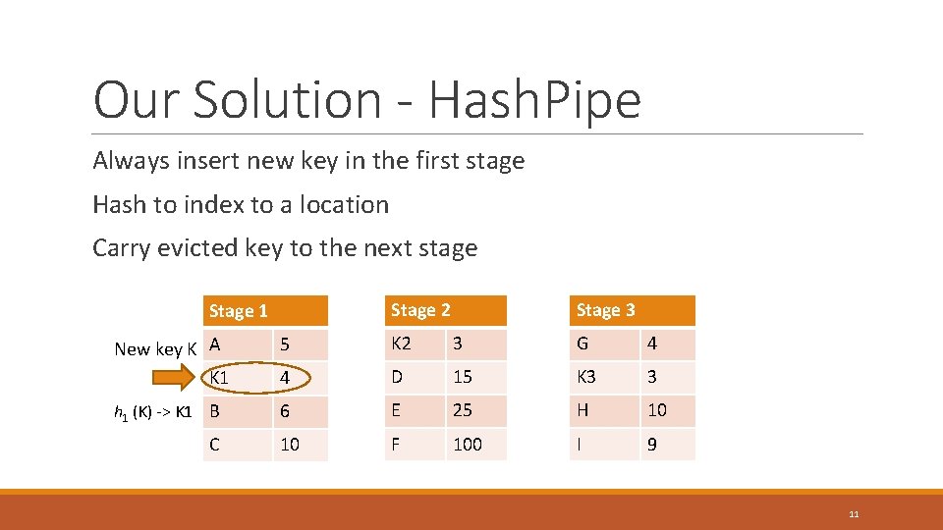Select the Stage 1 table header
[264, 311]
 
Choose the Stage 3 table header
[632, 310]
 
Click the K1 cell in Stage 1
[237, 378]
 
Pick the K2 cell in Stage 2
[414, 344]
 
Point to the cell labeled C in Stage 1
[237, 445]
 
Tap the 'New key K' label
[156, 348]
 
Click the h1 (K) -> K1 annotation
[154, 412]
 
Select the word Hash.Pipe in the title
[535, 99]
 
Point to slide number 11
[854, 513]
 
